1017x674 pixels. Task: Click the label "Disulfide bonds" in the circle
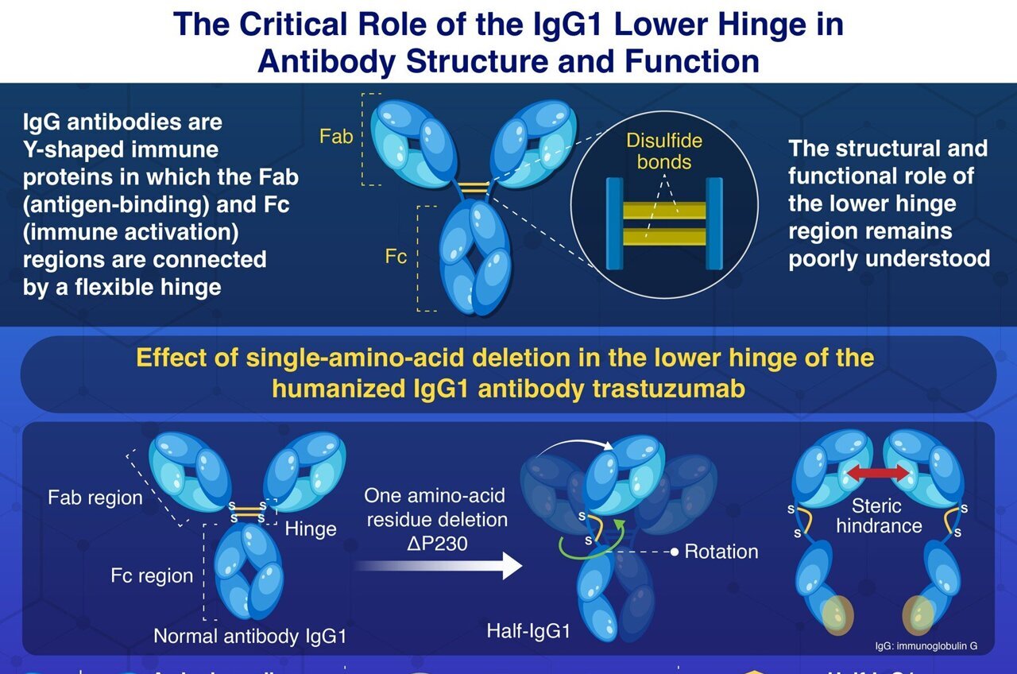click(664, 151)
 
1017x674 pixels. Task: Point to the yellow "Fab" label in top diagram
click(336, 136)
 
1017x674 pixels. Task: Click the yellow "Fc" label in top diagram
click(396, 258)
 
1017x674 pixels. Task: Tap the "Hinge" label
click(311, 529)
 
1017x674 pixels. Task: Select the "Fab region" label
click(95, 498)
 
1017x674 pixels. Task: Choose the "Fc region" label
click(152, 575)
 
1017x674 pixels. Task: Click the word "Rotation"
click(721, 551)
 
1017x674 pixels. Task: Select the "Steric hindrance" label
click(879, 515)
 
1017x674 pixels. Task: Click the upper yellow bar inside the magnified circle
click(664, 211)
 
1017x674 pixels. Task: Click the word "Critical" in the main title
click(316, 25)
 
